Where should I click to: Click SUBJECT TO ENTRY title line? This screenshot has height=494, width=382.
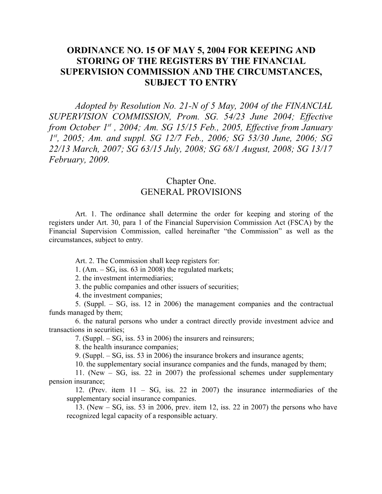coord(191,83)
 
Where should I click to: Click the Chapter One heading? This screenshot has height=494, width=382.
coord(191,181)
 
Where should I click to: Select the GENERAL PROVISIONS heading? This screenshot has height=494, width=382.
coord(191,192)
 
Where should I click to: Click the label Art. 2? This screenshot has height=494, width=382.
coord(81,261)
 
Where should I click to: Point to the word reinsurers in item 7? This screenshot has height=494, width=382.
coord(239,338)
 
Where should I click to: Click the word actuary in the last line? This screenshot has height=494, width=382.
coord(206,416)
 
